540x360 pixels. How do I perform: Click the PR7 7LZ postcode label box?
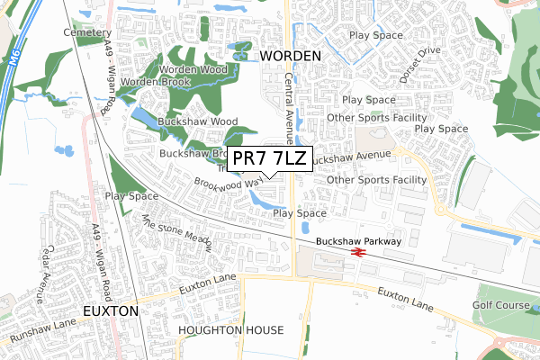(x=270, y=159)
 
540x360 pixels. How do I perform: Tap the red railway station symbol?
(x=358, y=253)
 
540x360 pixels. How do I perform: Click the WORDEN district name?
(x=291, y=56)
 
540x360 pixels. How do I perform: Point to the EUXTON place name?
(x=110, y=310)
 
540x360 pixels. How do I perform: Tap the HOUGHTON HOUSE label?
(x=230, y=330)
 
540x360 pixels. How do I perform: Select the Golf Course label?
(x=502, y=306)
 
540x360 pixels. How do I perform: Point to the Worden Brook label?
(x=153, y=83)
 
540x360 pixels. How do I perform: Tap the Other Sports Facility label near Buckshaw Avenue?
(x=376, y=180)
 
